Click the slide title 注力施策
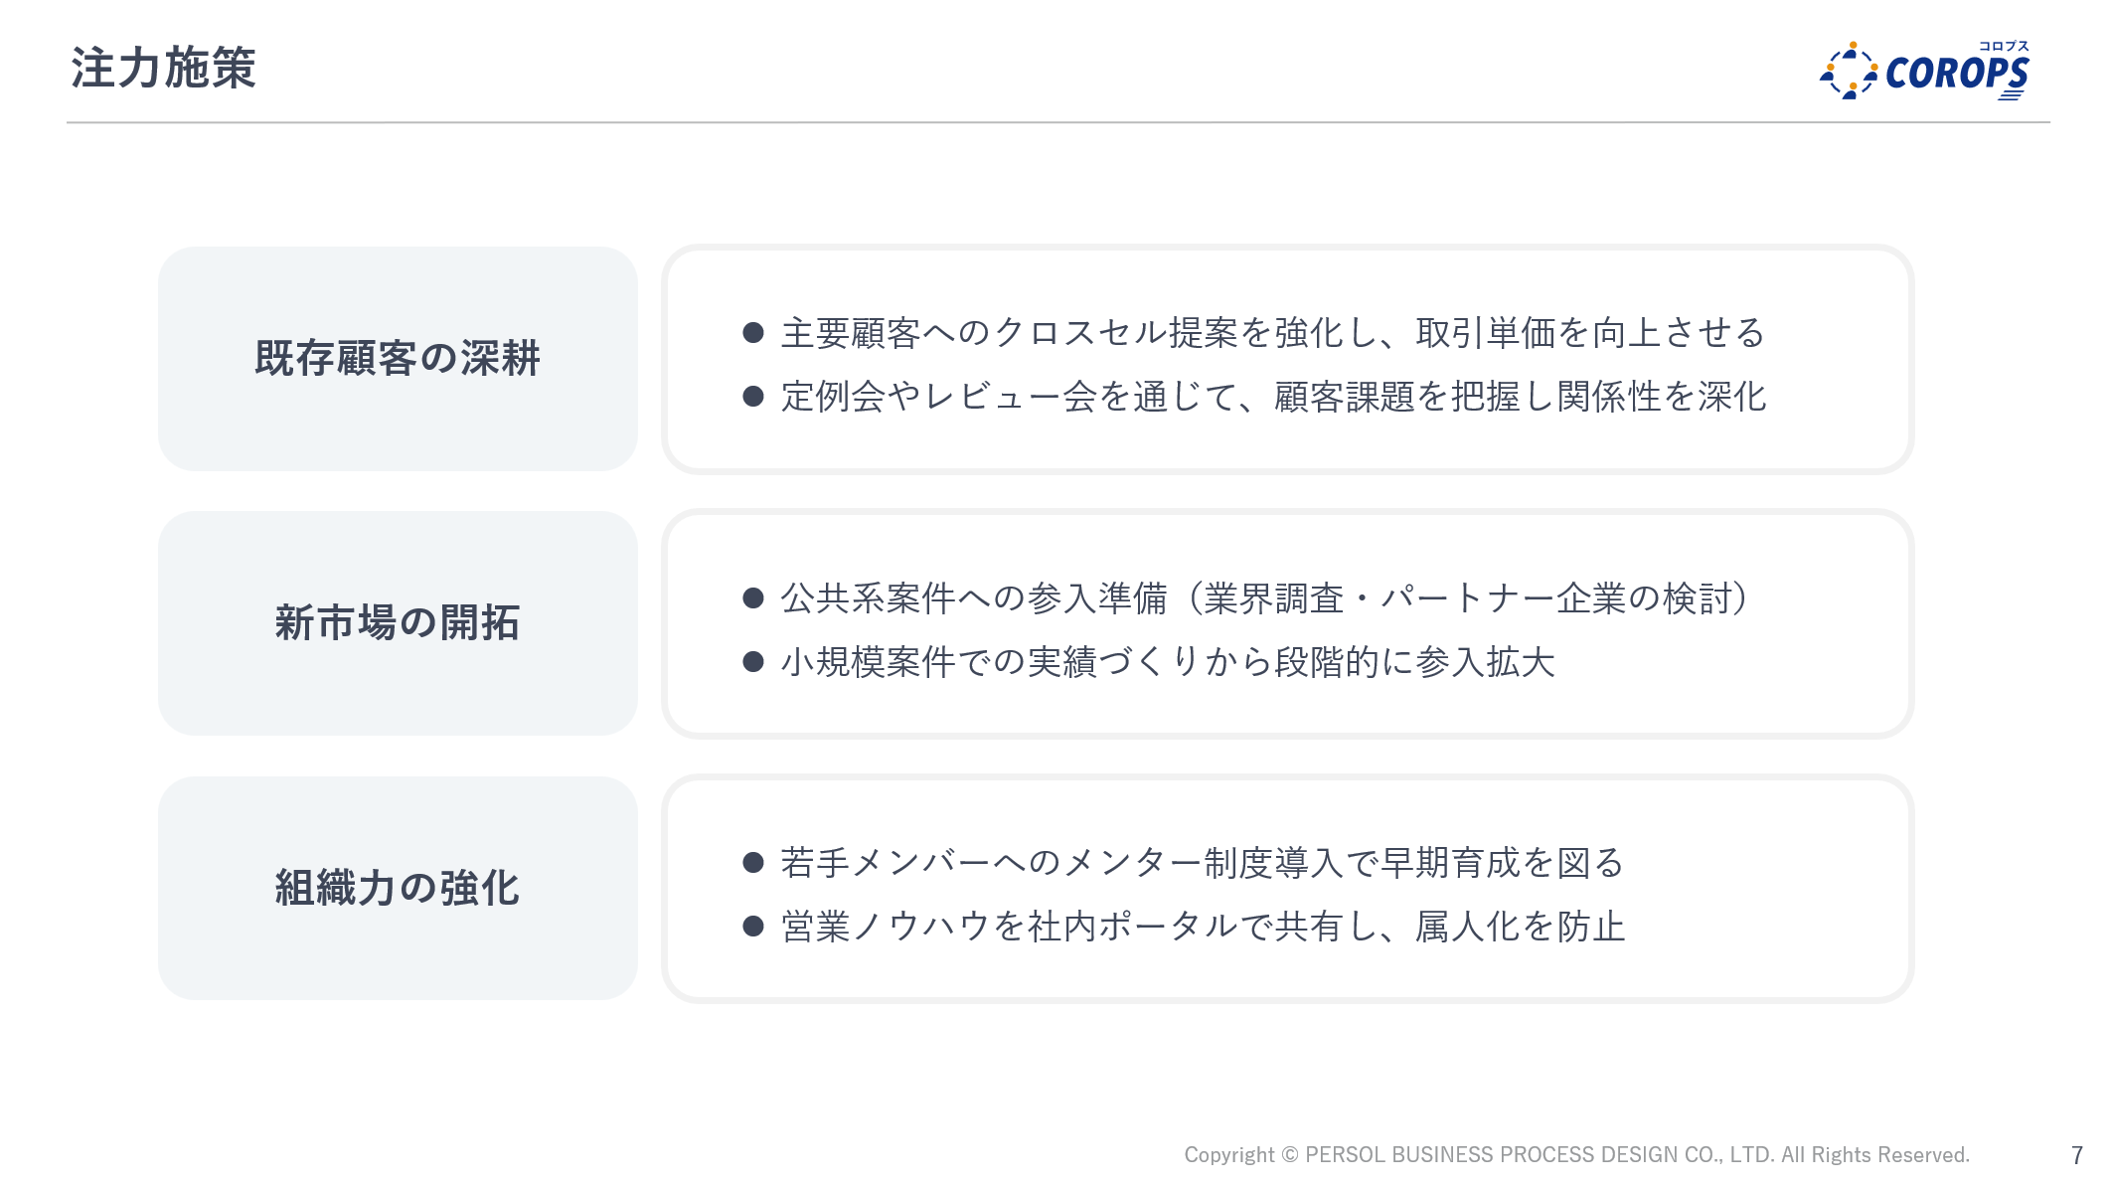[164, 69]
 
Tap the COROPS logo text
[1957, 74]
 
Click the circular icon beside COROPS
[1849, 71]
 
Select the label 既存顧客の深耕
[398, 358]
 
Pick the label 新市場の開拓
[398, 623]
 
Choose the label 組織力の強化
[398, 888]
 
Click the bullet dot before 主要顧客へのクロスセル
[753, 332]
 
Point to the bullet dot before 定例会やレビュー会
[753, 397]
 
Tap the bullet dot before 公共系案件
[753, 597]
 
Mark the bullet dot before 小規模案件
[753, 662]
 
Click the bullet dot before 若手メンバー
[753, 862]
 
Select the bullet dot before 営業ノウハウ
[753, 927]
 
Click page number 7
[2076, 1155]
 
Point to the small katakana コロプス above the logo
[2004, 46]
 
